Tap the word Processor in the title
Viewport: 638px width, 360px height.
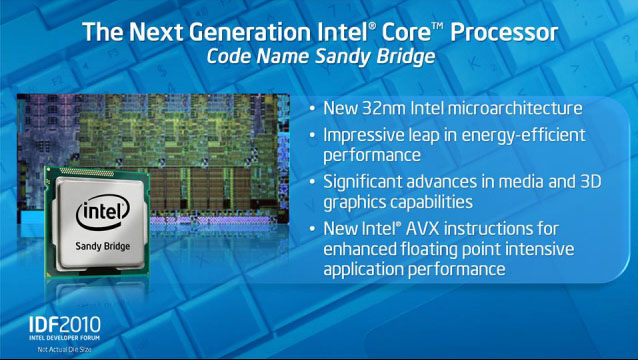pos(504,32)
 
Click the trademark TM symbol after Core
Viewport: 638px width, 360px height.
pos(437,26)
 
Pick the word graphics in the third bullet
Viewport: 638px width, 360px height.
pos(354,203)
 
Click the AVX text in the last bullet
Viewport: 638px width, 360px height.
pos(422,229)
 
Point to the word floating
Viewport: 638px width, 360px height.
pos(430,249)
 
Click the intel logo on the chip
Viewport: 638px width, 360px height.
pos(103,212)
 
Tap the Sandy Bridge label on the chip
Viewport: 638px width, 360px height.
pos(103,246)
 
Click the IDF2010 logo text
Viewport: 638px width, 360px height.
pos(65,325)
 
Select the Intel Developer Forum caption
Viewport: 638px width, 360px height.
pos(64,338)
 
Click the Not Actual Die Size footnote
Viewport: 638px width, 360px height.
pos(64,349)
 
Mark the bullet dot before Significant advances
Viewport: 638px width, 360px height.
pos(312,181)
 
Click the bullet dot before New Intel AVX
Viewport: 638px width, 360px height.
pos(312,229)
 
